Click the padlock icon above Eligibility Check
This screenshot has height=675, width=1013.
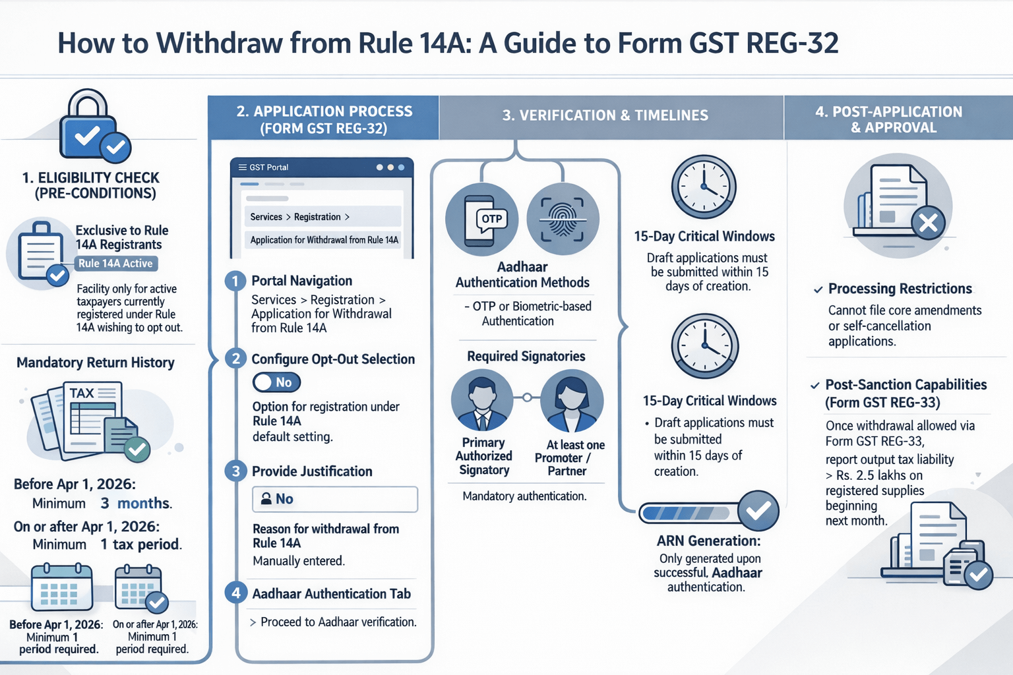click(88, 125)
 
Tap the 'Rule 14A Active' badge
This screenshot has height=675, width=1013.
click(116, 264)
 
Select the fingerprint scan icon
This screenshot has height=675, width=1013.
click(563, 220)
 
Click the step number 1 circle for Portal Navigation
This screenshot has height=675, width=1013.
click(235, 281)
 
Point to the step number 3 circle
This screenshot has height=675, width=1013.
click(235, 471)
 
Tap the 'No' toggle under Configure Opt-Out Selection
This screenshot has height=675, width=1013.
click(276, 382)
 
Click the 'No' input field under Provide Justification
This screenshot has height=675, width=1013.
click(335, 499)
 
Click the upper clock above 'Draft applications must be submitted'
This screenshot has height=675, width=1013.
click(704, 187)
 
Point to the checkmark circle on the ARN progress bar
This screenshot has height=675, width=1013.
click(758, 511)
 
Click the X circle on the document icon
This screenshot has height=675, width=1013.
click(929, 223)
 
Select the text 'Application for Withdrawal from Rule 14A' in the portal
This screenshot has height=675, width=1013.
click(324, 240)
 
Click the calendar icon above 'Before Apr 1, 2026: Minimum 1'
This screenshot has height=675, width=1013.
click(62, 587)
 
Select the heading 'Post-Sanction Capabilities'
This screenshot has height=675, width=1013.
click(906, 385)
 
